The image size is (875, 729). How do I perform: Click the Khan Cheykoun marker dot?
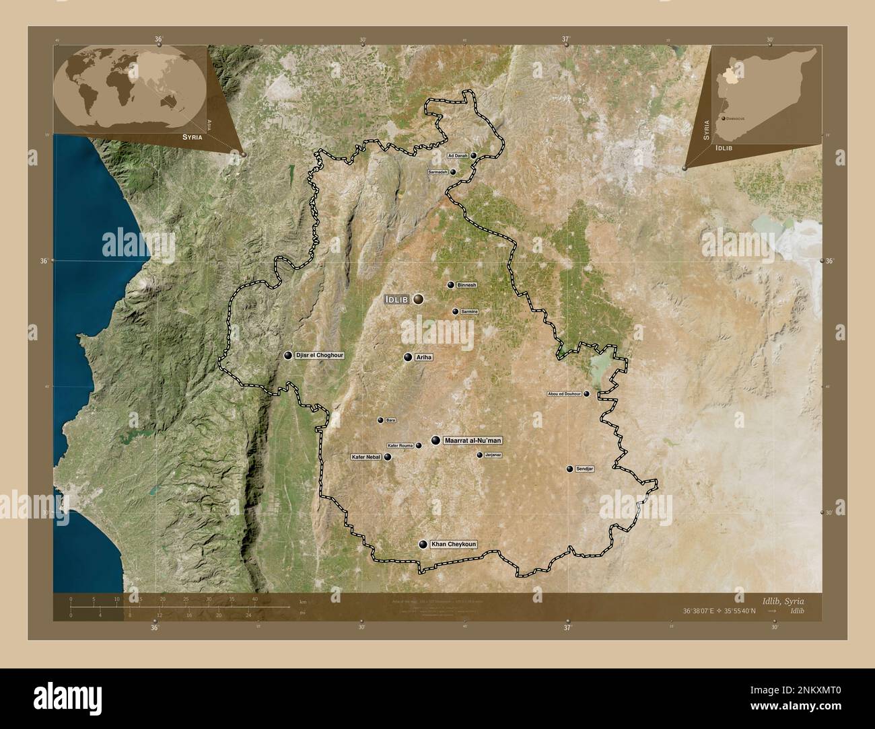(x=423, y=545)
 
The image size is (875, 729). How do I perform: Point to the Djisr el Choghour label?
(x=320, y=355)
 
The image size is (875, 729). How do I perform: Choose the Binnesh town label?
(x=466, y=285)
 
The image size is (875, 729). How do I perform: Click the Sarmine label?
(x=469, y=312)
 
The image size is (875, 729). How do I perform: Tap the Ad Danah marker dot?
(x=474, y=155)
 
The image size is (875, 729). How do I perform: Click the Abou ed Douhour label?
(x=564, y=394)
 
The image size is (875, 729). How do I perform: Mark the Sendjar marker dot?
(x=570, y=469)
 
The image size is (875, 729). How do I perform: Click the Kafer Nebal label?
(x=365, y=457)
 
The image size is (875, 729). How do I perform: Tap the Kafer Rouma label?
(x=400, y=445)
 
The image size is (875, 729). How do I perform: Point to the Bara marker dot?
(x=380, y=420)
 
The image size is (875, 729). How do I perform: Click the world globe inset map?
(x=132, y=87)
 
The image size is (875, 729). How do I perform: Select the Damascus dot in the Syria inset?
(x=724, y=118)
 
